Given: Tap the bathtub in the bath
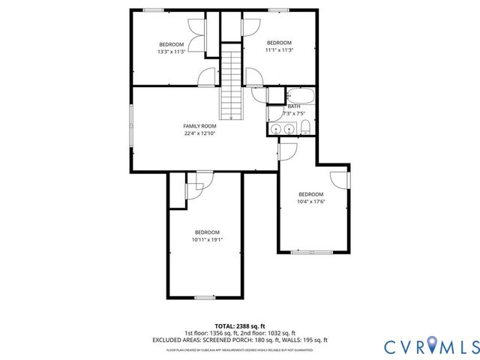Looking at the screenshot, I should [x=302, y=96].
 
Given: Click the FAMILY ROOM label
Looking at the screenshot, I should [x=200, y=126].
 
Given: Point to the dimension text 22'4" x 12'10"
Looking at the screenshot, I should [x=200, y=134].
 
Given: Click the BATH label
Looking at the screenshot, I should [x=294, y=106].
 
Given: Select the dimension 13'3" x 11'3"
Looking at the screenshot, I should [x=171, y=52].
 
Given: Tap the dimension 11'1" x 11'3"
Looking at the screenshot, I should [x=279, y=50].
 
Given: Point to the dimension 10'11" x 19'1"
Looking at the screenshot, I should [x=207, y=240].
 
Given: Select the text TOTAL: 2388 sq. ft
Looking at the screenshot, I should [x=240, y=325].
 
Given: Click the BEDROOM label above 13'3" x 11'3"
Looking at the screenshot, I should [x=171, y=44].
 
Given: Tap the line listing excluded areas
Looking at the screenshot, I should [x=240, y=340].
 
